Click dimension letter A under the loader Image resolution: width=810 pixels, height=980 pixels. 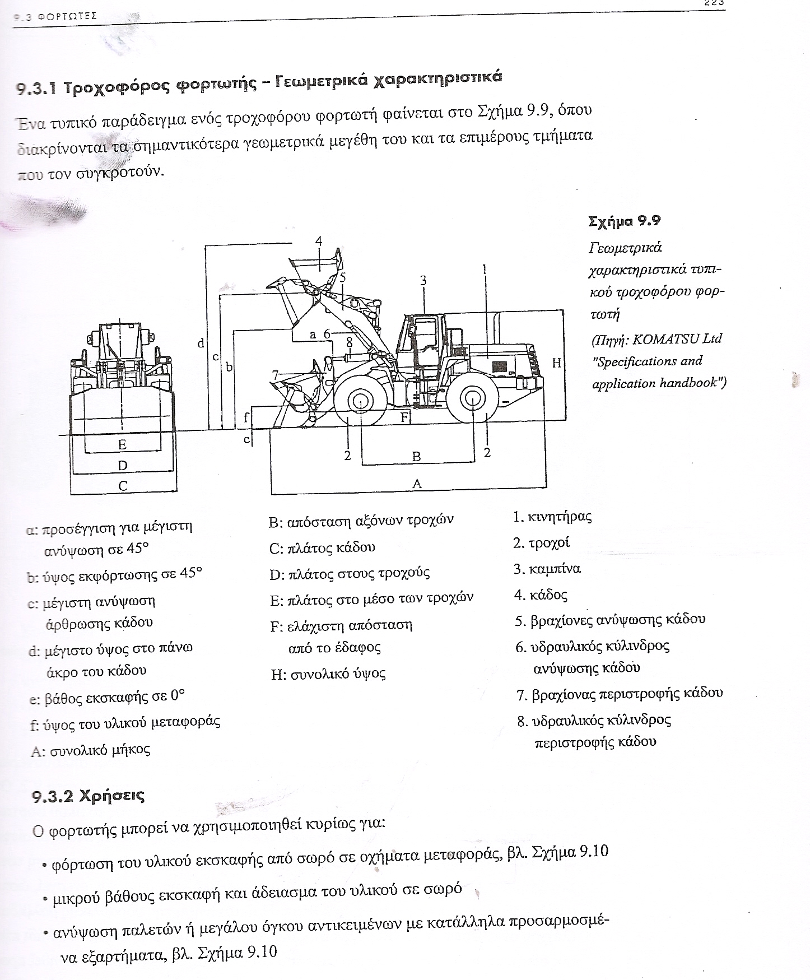point(416,483)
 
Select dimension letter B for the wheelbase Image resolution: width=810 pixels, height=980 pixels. point(416,456)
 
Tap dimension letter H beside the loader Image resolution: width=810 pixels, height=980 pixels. point(556,363)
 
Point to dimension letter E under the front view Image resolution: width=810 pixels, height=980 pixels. point(122,445)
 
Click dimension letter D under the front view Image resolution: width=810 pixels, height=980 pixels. point(122,465)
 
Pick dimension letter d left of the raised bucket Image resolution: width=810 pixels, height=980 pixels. point(201,343)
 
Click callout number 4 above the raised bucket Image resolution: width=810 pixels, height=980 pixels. point(319,241)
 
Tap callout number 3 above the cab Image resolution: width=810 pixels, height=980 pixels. point(423,280)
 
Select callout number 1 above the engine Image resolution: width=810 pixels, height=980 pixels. point(485,269)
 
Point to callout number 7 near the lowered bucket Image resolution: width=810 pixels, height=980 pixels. point(275,374)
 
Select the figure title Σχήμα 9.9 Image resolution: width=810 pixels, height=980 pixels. point(625,221)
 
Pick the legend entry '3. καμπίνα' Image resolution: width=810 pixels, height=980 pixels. point(547,569)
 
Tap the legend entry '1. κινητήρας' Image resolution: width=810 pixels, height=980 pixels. point(552,517)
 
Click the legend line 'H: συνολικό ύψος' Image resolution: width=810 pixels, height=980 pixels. point(328,674)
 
